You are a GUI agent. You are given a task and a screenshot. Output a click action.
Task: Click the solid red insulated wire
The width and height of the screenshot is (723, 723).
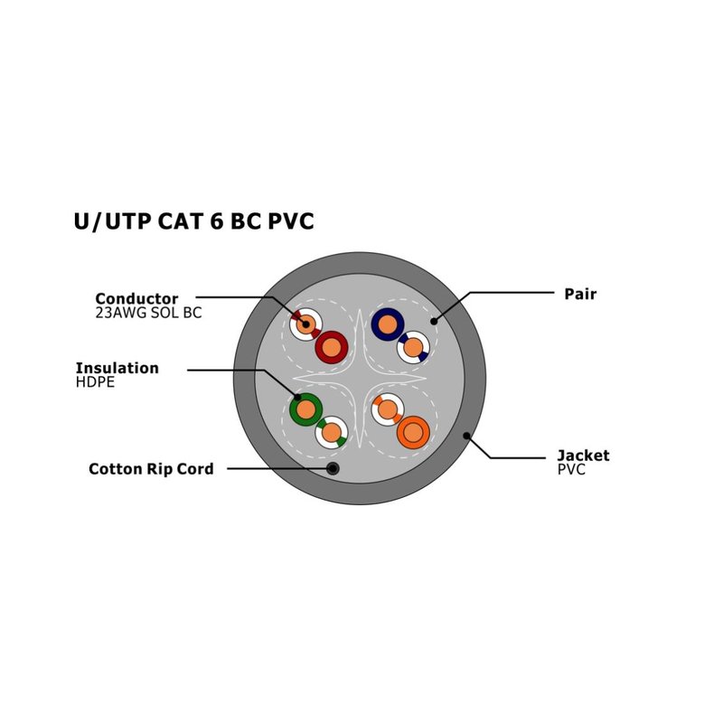tap(331, 347)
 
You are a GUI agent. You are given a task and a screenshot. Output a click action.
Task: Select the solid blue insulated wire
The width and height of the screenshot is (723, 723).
tap(388, 324)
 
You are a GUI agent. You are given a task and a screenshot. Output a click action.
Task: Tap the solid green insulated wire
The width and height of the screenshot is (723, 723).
tap(305, 409)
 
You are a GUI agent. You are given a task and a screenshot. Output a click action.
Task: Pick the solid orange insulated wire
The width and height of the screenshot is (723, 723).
tap(413, 433)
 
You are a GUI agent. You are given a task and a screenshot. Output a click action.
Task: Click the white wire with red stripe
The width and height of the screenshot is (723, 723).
tap(305, 324)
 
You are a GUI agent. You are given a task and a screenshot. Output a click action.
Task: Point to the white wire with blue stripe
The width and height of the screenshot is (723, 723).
tap(413, 347)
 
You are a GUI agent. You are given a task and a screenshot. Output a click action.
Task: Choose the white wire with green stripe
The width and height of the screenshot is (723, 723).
tap(331, 433)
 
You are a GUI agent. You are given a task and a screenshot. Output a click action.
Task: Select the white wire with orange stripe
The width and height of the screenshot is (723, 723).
tap(388, 409)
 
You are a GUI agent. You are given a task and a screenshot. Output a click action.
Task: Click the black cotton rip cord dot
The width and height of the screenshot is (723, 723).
tap(333, 469)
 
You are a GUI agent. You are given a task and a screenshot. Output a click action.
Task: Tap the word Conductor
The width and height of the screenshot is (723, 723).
tap(136, 298)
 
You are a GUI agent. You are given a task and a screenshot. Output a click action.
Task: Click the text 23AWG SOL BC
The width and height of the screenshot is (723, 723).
tap(148, 313)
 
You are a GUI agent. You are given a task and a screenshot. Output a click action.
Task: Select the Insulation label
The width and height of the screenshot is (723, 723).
tap(117, 368)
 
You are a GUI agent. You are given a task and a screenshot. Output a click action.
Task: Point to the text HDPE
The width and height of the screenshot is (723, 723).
tap(95, 381)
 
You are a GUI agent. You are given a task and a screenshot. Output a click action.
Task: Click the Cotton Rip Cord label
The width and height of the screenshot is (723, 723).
tap(151, 469)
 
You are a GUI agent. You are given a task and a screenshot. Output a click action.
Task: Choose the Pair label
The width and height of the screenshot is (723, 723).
tap(580, 294)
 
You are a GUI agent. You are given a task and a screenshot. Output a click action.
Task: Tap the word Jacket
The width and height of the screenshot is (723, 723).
tap(583, 455)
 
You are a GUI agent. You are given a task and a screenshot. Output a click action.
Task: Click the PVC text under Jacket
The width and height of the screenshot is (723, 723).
tap(571, 469)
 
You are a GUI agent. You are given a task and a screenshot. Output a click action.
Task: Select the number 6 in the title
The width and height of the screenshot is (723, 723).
tap(217, 221)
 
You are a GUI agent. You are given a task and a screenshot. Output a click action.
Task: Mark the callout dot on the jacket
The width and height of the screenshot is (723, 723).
tap(466, 436)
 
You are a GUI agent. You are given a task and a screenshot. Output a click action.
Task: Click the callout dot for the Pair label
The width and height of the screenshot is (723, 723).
tap(434, 322)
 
